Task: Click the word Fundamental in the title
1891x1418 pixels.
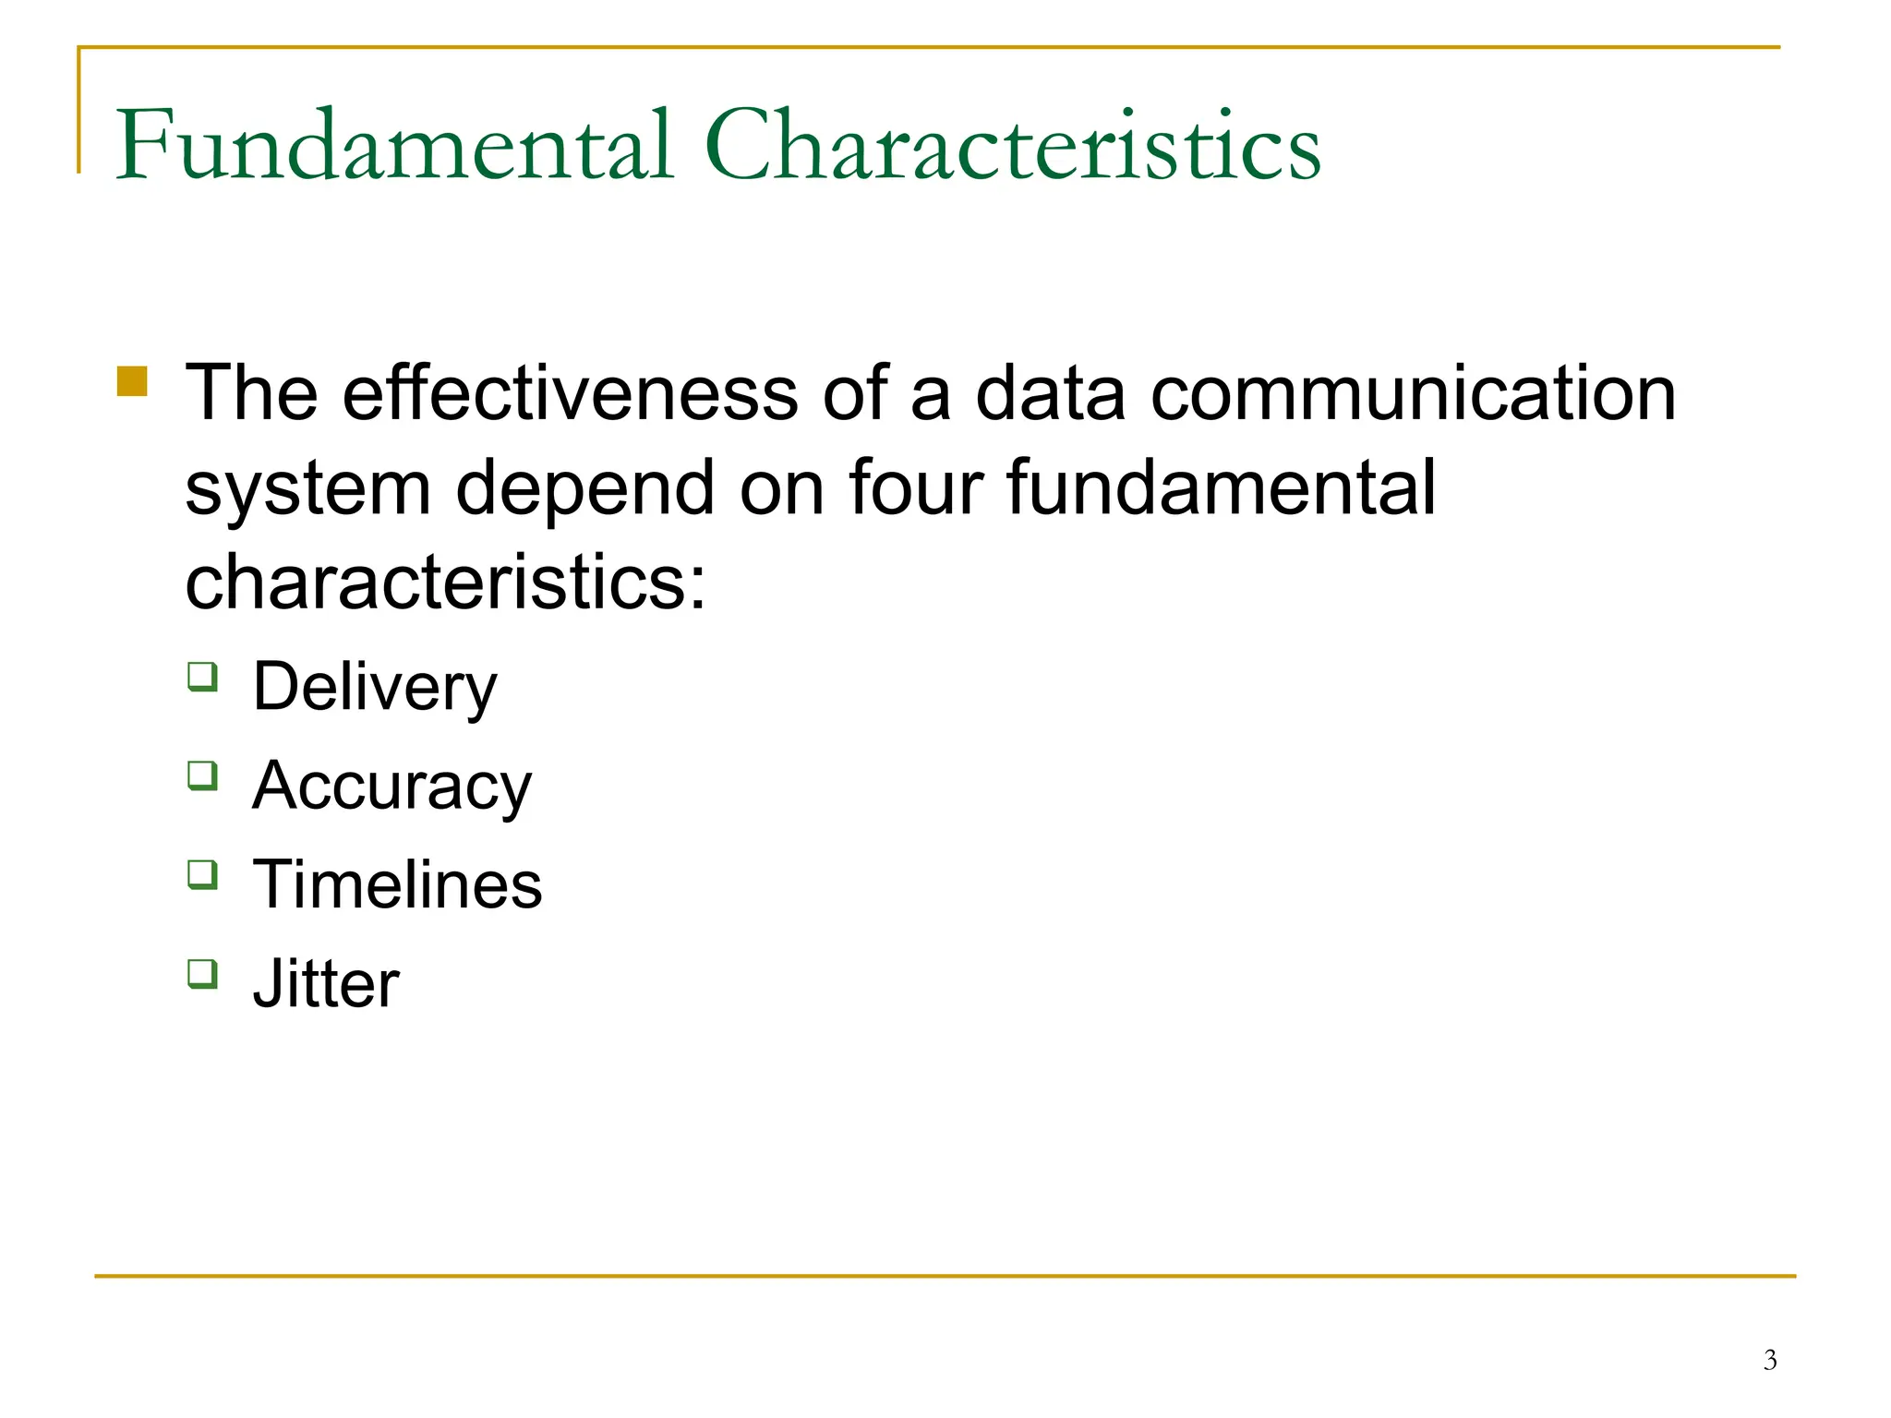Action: coord(394,145)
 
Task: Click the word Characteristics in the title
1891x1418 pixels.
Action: coord(1012,145)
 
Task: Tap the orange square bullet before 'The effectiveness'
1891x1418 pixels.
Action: coord(132,381)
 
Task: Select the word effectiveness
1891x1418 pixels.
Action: coord(570,393)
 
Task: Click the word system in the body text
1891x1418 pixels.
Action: coord(307,489)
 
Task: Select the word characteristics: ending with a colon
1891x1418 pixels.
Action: coord(445,583)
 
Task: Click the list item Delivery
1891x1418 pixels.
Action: coord(374,688)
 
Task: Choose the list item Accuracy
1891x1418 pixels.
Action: coord(391,787)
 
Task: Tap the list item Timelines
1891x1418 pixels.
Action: coord(397,884)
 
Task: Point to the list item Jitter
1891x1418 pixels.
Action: coord(326,983)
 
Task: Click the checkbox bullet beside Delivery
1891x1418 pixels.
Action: coord(203,677)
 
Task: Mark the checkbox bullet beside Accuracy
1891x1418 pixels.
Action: coord(203,775)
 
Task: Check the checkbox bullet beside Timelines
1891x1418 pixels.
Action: coord(203,874)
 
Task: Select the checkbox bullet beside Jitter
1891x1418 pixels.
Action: coord(203,973)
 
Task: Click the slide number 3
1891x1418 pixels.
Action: coord(1769,1360)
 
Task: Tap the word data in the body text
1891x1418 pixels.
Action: coord(1050,393)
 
